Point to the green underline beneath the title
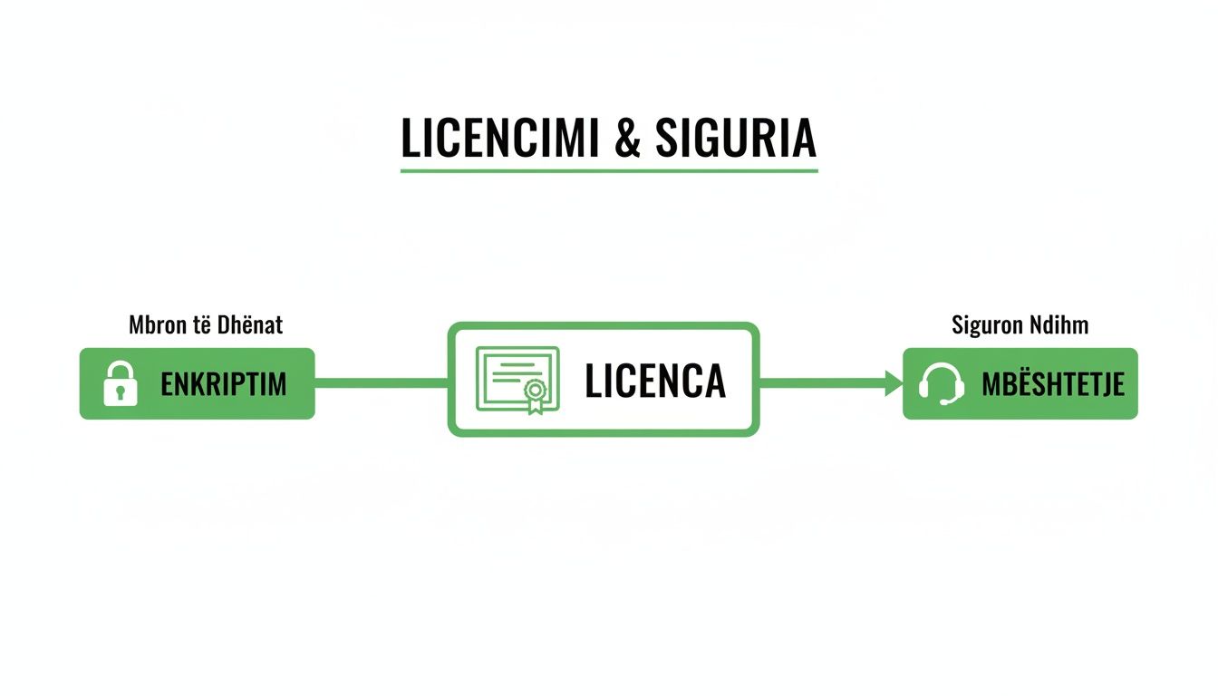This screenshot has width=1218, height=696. (609, 169)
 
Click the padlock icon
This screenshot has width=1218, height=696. (121, 382)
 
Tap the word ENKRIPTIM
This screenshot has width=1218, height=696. (223, 384)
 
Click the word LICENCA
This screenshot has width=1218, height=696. (655, 382)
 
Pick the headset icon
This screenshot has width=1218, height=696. (940, 383)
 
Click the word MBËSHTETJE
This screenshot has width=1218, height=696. (1053, 384)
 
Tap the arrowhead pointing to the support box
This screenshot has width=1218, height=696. (894, 383)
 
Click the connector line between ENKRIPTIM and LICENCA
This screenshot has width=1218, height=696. (381, 383)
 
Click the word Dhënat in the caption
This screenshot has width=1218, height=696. (250, 324)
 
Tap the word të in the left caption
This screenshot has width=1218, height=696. (201, 324)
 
